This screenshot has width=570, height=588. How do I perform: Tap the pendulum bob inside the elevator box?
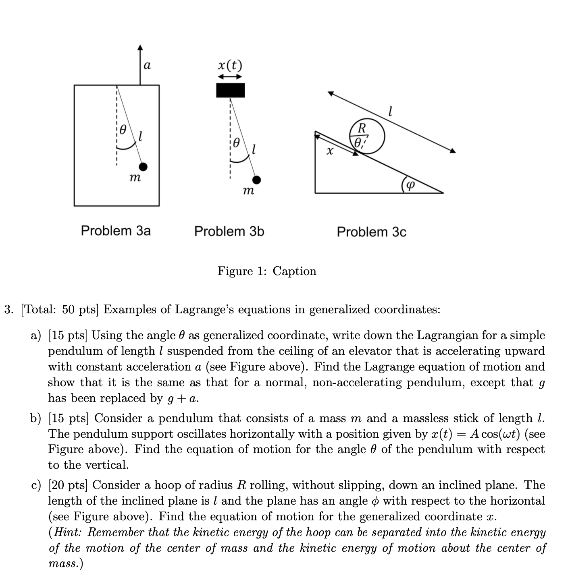pyautogui.click(x=143, y=167)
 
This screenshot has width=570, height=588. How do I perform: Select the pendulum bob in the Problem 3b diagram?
pyautogui.click(x=256, y=180)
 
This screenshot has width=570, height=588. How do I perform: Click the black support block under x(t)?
pyautogui.click(x=230, y=90)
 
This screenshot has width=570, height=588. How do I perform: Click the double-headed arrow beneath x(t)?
pyautogui.click(x=230, y=76)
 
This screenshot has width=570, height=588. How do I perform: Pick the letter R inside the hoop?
pyautogui.click(x=362, y=128)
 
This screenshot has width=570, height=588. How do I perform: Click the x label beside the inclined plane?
pyautogui.click(x=330, y=151)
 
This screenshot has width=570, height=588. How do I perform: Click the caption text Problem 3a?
pyautogui.click(x=116, y=231)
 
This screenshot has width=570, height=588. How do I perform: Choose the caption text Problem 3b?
pyautogui.click(x=229, y=232)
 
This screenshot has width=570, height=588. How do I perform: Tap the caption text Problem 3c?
pyautogui.click(x=371, y=232)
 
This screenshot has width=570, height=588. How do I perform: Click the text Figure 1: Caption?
pyautogui.click(x=267, y=271)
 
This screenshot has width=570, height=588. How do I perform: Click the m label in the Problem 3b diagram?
pyautogui.click(x=248, y=191)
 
